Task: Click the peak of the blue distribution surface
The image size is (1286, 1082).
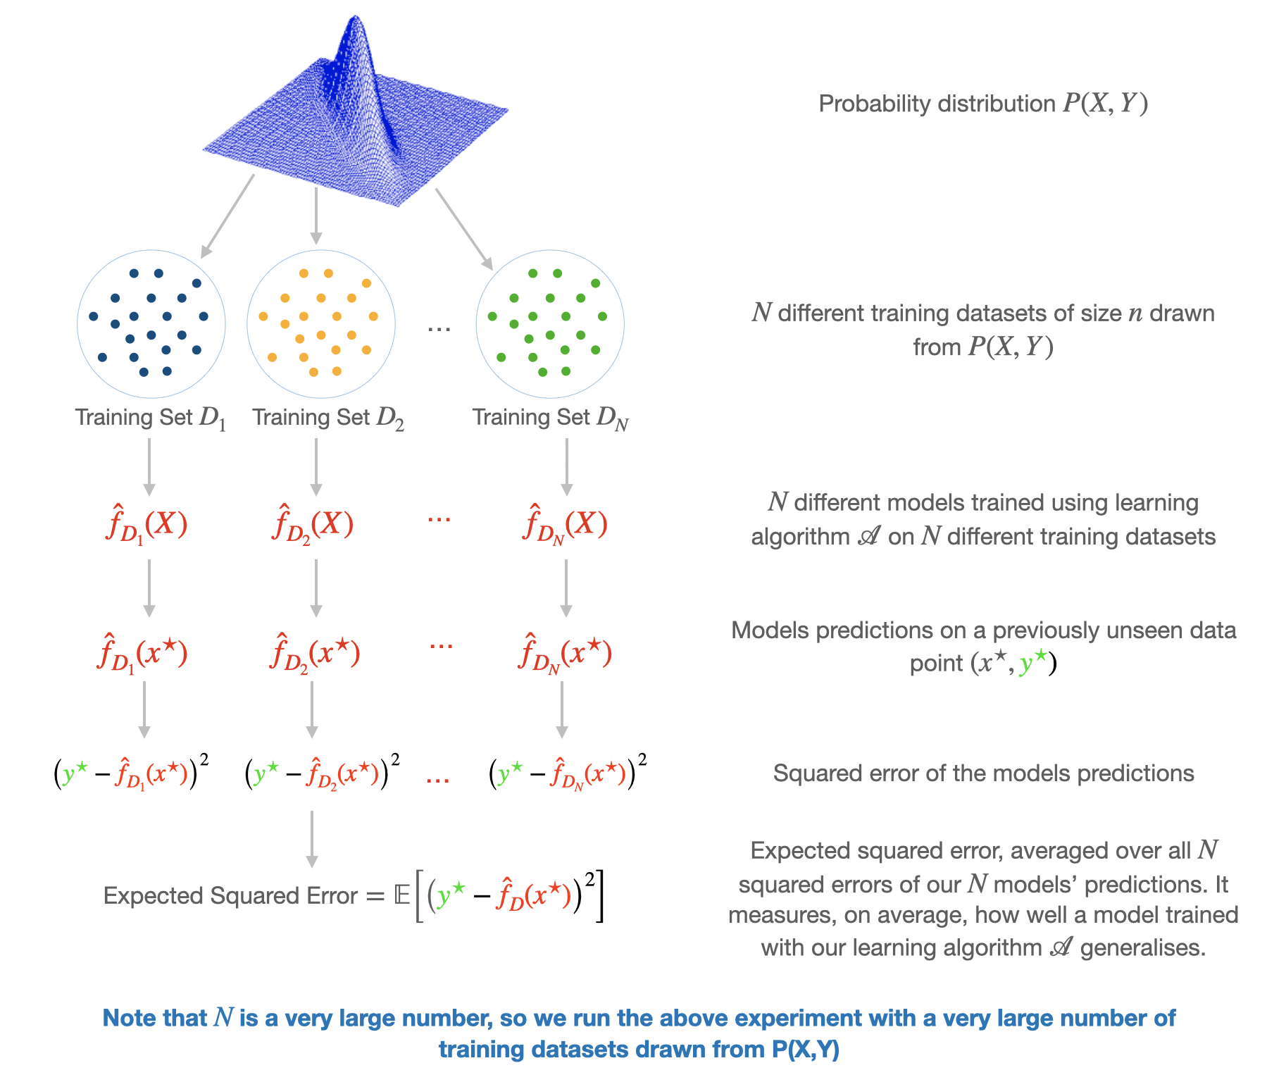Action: (354, 18)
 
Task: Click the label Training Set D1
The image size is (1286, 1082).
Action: (151, 418)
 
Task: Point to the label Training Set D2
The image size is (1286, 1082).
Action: (328, 418)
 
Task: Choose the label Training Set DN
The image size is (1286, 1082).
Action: (550, 418)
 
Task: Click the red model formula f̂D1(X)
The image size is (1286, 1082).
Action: (146, 525)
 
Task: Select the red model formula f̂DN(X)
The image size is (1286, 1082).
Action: (565, 525)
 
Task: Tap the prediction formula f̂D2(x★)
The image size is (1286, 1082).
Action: (314, 654)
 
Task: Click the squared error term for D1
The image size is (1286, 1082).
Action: (131, 773)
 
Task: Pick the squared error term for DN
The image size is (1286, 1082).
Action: (568, 773)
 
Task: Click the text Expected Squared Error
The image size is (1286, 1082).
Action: (230, 895)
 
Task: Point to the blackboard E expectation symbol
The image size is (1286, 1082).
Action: (402, 895)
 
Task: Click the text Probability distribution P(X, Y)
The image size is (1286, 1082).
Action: (983, 104)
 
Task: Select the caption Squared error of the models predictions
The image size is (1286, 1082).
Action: (983, 773)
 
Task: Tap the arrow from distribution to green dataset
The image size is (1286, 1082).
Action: (463, 229)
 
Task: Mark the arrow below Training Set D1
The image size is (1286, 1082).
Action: (149, 467)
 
